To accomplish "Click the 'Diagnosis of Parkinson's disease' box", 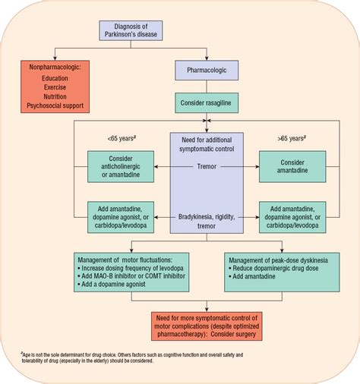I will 140,30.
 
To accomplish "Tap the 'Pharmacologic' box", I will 207,71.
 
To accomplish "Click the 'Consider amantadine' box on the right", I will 292,166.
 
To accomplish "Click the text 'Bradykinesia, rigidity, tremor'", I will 207,221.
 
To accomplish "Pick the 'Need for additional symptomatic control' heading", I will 207,144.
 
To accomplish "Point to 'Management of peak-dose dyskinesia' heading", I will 283,259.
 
